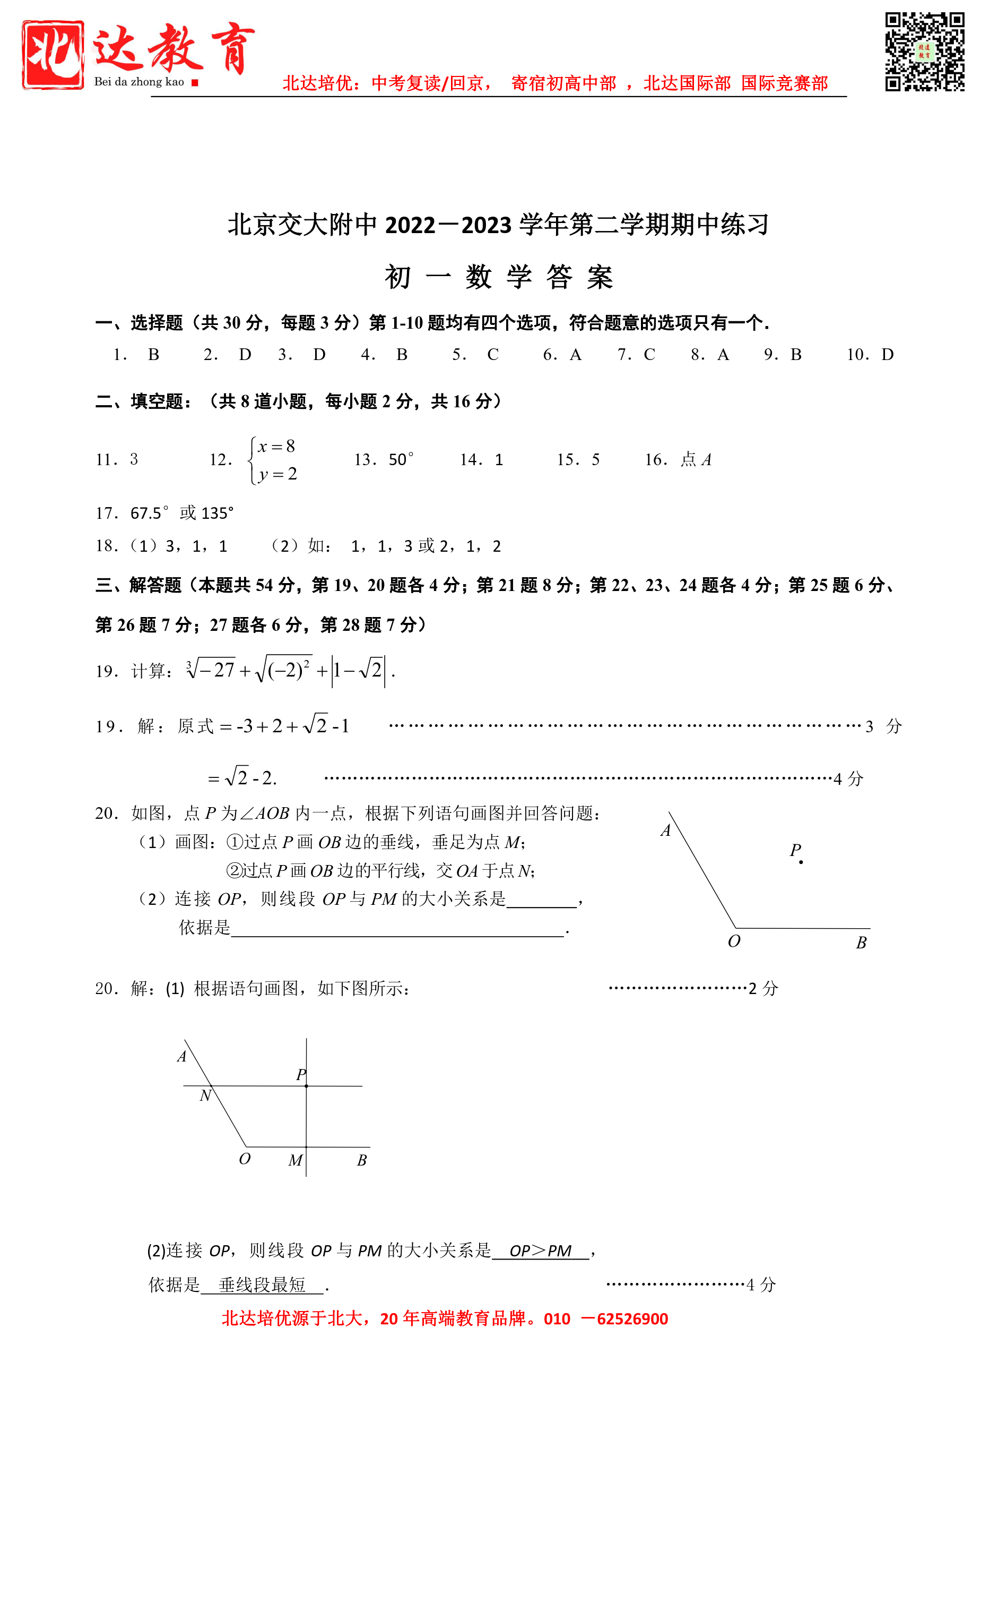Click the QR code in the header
(x=924, y=51)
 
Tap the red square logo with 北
(x=53, y=54)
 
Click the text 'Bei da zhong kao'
(x=138, y=82)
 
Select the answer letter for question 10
(x=888, y=355)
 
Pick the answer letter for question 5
(x=493, y=355)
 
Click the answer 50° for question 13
(x=401, y=459)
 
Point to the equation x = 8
(x=276, y=447)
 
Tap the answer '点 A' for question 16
(x=696, y=459)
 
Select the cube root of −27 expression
(x=211, y=670)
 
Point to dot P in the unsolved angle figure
(x=801, y=862)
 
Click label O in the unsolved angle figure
(x=734, y=941)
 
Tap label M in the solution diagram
(x=295, y=1160)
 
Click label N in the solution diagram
(x=205, y=1095)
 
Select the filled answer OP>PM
(x=541, y=1250)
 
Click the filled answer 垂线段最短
(x=262, y=1285)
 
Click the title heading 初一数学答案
(x=499, y=277)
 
